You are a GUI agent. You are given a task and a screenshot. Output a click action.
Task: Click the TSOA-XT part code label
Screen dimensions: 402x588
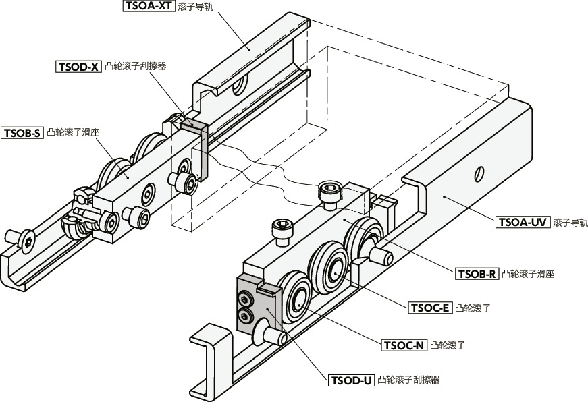click(x=149, y=7)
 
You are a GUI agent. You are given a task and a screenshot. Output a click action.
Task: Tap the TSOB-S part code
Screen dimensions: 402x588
click(x=23, y=133)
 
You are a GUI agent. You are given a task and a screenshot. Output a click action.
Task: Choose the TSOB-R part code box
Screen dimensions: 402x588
click(x=477, y=274)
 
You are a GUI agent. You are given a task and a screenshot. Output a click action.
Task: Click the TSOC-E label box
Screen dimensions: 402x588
click(x=429, y=308)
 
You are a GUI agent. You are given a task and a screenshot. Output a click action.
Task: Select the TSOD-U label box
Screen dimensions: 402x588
click(x=351, y=380)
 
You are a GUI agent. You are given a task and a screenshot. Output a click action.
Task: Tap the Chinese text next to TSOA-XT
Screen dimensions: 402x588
click(x=194, y=7)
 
